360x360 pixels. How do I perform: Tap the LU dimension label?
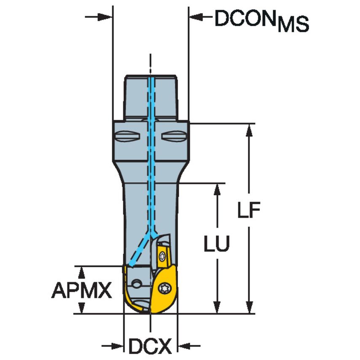(217, 244)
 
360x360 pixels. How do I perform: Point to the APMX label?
(82, 290)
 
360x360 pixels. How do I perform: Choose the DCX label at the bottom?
(150, 347)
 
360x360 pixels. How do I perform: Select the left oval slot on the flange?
(127, 137)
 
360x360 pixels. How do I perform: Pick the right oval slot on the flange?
(173, 137)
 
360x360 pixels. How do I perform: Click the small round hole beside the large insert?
(137, 284)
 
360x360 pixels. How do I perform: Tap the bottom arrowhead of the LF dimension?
(250, 308)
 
